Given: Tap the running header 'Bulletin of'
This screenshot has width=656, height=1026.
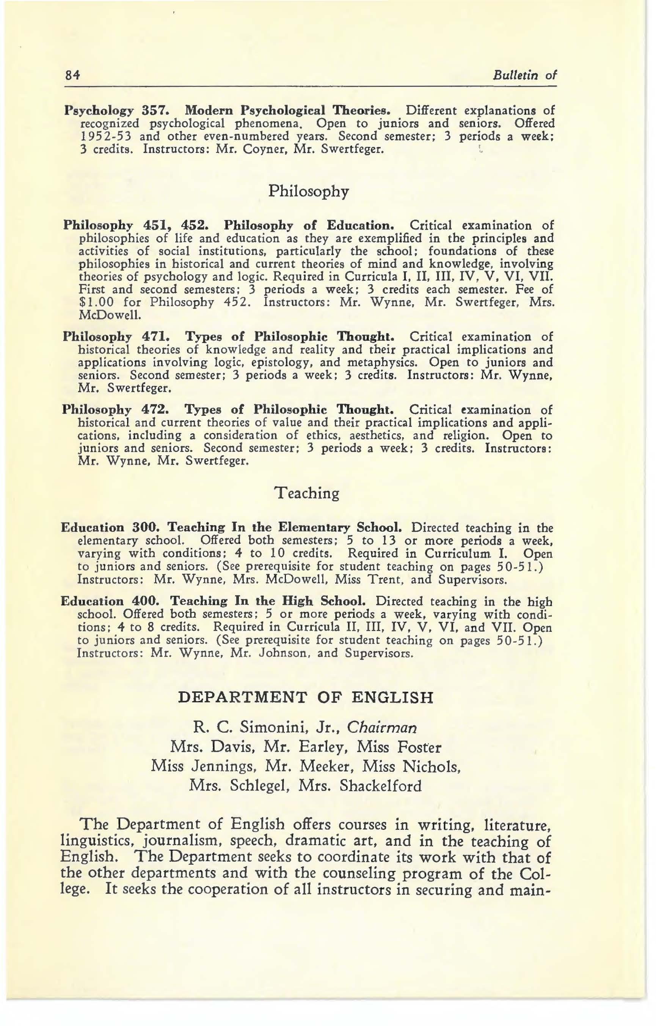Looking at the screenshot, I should [524, 76].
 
